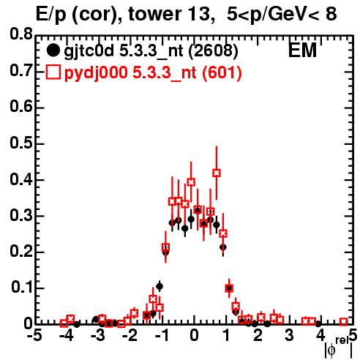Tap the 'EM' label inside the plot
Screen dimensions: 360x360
302,50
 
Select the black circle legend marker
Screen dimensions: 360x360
53,50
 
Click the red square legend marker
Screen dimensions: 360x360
53,72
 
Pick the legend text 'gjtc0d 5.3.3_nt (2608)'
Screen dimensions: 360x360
151,51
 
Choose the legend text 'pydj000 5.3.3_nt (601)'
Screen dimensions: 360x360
153,73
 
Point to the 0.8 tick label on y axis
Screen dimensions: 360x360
21,34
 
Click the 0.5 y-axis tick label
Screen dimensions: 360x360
21,143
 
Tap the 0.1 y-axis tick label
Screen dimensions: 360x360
22,288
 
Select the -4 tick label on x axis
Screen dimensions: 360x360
66,336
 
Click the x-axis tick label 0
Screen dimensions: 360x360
194,336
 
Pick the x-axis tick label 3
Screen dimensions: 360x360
290,336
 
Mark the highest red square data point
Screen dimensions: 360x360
217,173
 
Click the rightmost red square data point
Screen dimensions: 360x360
343,322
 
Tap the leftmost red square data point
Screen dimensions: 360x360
64,323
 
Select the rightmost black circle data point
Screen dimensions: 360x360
318,324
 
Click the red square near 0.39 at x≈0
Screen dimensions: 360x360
191,182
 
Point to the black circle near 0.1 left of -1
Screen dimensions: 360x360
160,287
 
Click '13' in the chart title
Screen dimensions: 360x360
200,14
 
